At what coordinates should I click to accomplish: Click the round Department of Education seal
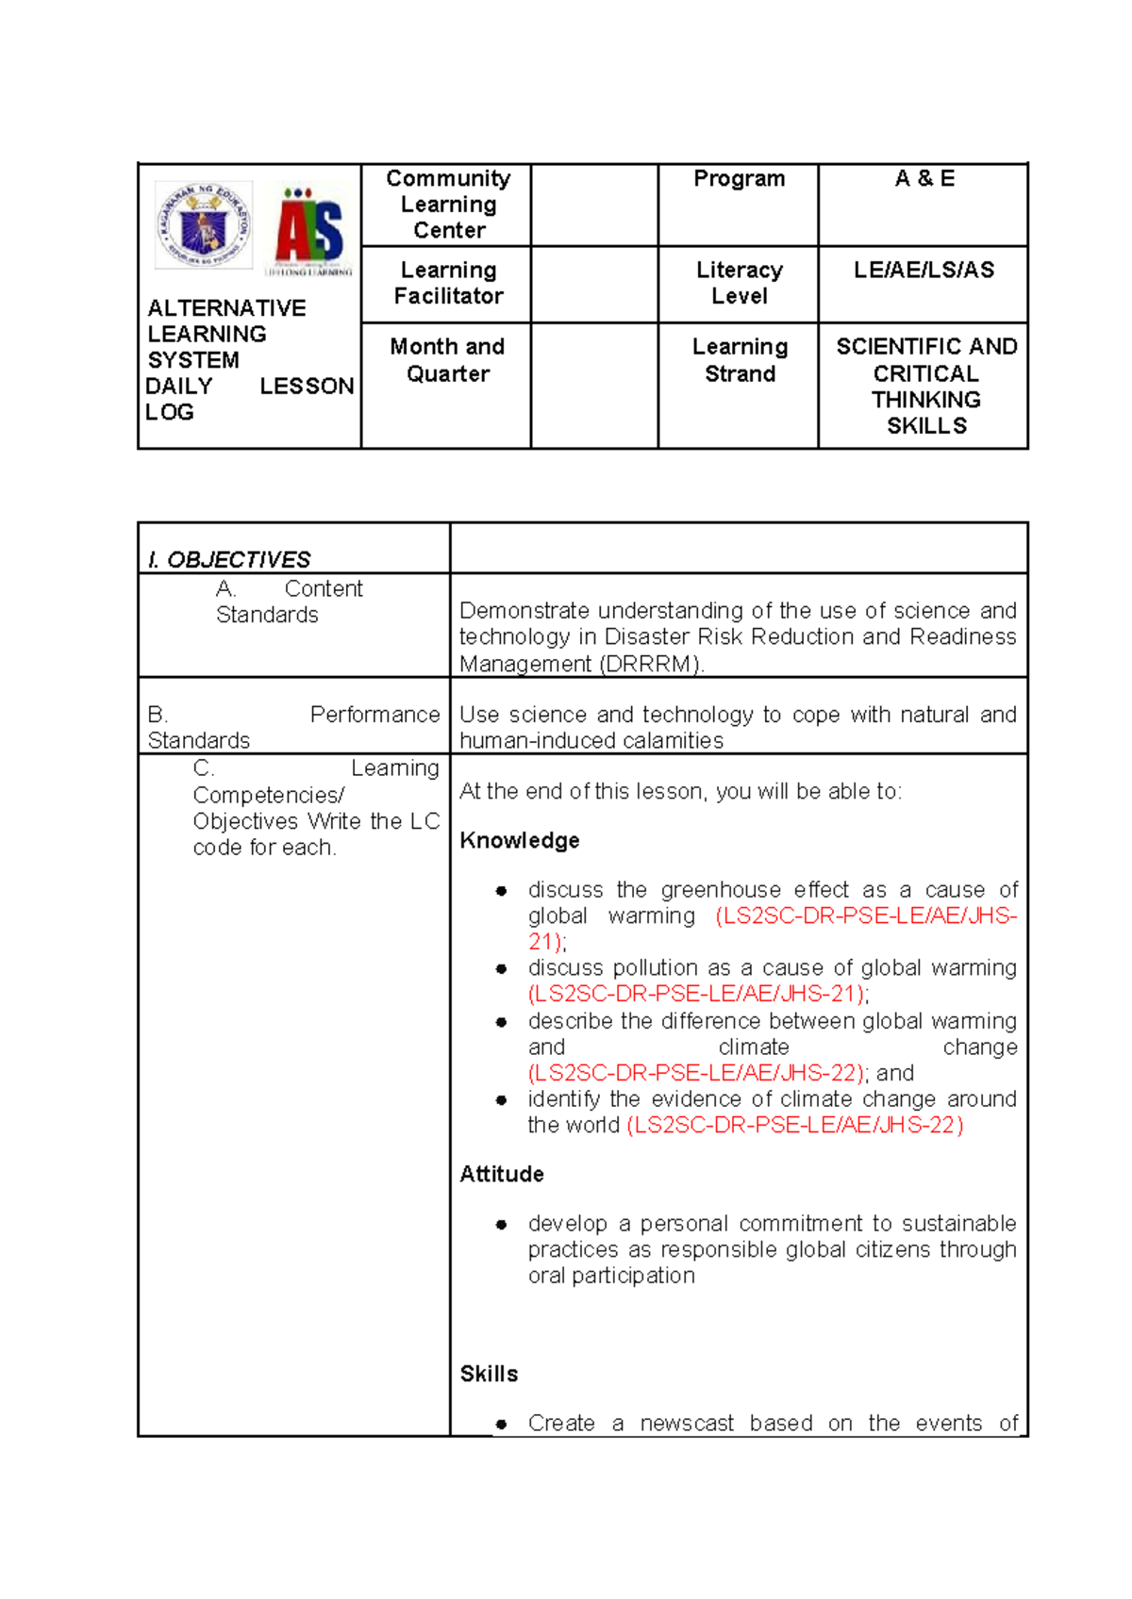point(204,226)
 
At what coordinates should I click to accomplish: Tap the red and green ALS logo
point(309,229)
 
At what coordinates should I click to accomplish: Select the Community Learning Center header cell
point(448,205)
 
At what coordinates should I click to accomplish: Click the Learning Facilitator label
point(448,283)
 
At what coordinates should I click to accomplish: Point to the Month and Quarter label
point(448,360)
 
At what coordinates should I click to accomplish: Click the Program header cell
point(739,179)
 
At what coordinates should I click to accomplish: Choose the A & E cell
point(924,179)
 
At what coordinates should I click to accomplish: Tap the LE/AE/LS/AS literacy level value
point(924,271)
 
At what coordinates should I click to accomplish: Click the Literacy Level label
point(739,283)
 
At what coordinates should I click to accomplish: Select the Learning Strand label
point(740,360)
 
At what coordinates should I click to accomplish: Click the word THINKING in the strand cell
point(925,400)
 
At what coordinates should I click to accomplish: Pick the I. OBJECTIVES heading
point(229,560)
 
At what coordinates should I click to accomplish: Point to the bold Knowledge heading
point(519,841)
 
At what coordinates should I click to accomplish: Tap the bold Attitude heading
point(501,1175)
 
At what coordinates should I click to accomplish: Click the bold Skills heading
point(489,1375)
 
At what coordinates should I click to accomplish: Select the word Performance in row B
point(375,715)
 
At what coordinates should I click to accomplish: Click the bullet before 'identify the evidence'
point(502,1100)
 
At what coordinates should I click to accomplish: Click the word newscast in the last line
point(686,1424)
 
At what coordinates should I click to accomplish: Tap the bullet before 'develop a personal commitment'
point(502,1225)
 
